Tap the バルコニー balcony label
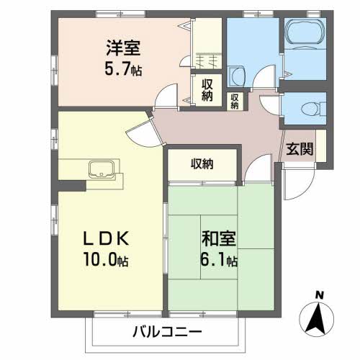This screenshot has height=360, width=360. tap(167, 332)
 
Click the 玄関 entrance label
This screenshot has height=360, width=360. tap(299, 150)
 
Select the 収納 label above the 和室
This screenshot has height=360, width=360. tap(202, 163)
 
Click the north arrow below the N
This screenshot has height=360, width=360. tap(320, 317)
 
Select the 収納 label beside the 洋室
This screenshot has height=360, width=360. tap(207, 91)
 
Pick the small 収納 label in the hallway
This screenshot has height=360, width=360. tap(235, 102)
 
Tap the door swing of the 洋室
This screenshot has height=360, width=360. tap(168, 96)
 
